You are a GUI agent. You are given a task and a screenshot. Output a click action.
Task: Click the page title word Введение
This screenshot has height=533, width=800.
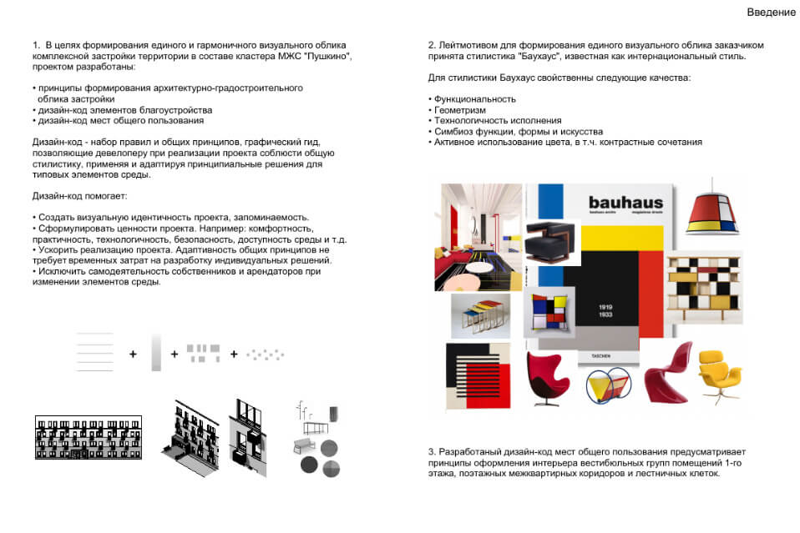click(771, 13)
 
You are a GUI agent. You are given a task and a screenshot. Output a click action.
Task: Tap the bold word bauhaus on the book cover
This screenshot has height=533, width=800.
click(625, 203)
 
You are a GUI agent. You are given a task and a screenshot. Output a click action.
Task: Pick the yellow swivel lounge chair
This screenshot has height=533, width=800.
click(720, 371)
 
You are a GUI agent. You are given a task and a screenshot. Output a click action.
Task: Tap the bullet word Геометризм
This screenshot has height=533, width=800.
click(459, 110)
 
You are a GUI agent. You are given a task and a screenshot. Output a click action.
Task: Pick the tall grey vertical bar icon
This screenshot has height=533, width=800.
click(155, 352)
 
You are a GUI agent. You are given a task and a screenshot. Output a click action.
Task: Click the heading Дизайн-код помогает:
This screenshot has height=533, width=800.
click(79, 196)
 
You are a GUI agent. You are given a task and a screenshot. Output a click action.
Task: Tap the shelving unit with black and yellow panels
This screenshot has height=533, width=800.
click(703, 287)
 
